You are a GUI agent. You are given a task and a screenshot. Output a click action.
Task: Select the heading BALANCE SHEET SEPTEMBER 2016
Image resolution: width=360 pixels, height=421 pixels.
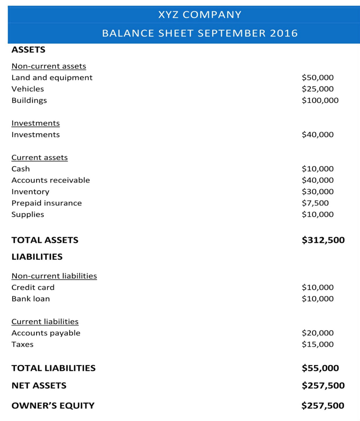[200, 34]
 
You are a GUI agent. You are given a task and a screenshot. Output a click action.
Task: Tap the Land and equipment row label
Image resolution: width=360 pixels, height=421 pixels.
[52, 77]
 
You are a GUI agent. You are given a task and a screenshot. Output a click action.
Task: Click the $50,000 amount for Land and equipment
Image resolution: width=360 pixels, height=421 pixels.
[317, 77]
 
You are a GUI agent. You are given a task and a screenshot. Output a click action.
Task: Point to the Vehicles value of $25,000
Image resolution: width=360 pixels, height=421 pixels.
[317, 89]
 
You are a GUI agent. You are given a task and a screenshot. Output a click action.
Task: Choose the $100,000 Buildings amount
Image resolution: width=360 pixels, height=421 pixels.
[320, 100]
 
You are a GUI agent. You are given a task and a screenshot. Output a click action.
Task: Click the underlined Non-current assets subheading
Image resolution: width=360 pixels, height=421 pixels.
[49, 66]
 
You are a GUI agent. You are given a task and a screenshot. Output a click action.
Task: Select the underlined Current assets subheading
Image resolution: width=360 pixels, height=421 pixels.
[39, 157]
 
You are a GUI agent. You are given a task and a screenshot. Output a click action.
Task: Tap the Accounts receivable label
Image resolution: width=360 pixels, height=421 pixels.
[50, 180]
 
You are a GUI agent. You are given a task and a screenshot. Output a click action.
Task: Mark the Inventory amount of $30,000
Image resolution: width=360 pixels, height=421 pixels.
[317, 191]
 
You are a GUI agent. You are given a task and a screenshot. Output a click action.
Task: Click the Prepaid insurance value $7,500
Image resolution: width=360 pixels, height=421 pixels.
[315, 203]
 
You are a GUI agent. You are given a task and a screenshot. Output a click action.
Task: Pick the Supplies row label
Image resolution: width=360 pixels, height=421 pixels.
[27, 214]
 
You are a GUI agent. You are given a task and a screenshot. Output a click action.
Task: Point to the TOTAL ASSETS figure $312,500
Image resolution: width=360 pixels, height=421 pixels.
[323, 240]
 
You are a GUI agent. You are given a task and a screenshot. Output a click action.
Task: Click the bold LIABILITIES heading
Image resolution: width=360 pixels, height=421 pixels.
[37, 257]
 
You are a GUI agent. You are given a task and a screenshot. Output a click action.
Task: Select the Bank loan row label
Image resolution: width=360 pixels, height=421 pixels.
[31, 299]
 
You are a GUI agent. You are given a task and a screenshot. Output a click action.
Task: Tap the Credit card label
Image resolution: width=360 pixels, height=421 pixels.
[33, 288]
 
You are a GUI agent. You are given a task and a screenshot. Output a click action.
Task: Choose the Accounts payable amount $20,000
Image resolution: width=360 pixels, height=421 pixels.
[317, 333]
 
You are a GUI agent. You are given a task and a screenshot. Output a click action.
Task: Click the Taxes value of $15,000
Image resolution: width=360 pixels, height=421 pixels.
[317, 345]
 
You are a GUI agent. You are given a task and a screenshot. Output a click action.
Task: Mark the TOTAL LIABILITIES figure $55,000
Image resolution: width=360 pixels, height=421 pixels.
[320, 368]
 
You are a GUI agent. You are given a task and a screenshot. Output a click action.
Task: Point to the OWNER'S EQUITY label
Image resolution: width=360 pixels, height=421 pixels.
[53, 406]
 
